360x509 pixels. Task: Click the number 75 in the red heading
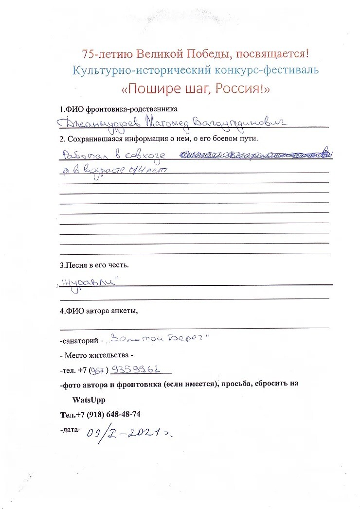pos(88,53)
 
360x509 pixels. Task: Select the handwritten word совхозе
pos(144,156)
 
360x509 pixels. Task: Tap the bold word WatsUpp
pos(89,400)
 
